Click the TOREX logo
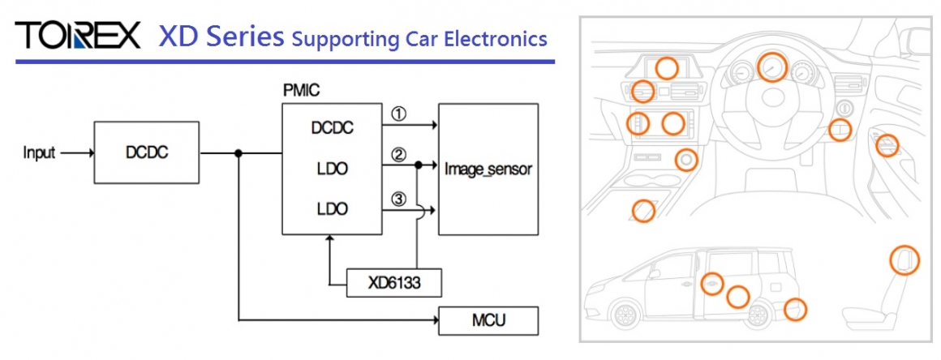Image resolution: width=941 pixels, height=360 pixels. coord(78,36)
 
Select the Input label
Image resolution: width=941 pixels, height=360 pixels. coord(39,152)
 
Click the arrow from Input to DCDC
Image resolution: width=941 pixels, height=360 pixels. coord(77,152)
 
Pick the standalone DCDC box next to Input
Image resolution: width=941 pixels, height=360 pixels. coord(146,152)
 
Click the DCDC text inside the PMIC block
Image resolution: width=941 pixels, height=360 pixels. coord(332,127)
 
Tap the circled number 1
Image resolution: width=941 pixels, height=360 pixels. coord(398,114)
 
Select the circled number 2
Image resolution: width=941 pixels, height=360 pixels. coord(398,154)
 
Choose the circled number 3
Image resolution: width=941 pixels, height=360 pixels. coord(398,197)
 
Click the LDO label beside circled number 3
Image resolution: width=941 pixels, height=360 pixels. coord(331,208)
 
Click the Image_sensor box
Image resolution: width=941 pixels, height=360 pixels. coord(488,169)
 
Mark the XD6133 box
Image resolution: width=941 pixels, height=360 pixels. coord(394,283)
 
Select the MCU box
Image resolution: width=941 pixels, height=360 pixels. coord(488,320)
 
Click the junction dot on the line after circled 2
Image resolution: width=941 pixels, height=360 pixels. coord(418,165)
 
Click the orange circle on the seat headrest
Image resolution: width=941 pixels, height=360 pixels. coord(904,259)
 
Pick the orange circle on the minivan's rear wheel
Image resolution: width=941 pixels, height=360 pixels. coord(795,309)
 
